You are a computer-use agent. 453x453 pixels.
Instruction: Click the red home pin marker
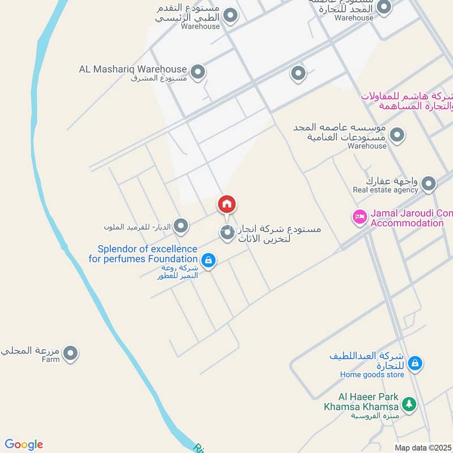(227, 205)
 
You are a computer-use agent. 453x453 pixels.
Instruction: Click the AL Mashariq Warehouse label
(133, 69)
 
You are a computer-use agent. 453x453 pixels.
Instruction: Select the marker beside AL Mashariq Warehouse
(198, 72)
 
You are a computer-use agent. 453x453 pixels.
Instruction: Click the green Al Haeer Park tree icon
(408, 404)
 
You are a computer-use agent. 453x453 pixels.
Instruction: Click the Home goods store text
(372, 374)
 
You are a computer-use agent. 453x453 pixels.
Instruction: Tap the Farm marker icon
(70, 354)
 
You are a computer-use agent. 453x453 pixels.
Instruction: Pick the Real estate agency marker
(429, 183)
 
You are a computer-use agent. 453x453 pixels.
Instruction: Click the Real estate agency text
(385, 190)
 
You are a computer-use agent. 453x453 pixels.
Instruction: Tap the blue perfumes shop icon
(208, 260)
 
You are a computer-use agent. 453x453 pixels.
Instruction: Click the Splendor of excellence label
(148, 249)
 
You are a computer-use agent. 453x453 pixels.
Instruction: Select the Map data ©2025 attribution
(422, 447)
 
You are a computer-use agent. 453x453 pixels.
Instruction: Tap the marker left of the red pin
(181, 227)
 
